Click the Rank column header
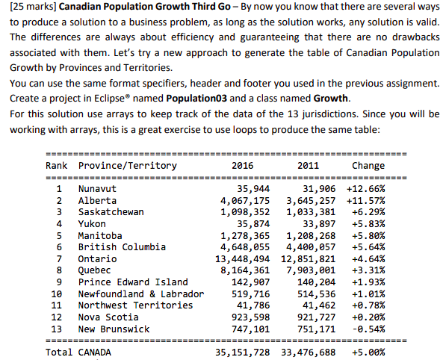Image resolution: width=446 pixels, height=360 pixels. point(57,166)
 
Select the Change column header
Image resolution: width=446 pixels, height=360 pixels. point(368,166)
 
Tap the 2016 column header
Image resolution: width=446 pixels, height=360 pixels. point(243,166)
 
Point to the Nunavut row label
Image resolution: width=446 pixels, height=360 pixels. point(98,189)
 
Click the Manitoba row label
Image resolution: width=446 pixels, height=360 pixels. point(101,235)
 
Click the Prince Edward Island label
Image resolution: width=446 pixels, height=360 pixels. point(134,282)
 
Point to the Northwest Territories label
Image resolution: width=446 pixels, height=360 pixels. point(136,305)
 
